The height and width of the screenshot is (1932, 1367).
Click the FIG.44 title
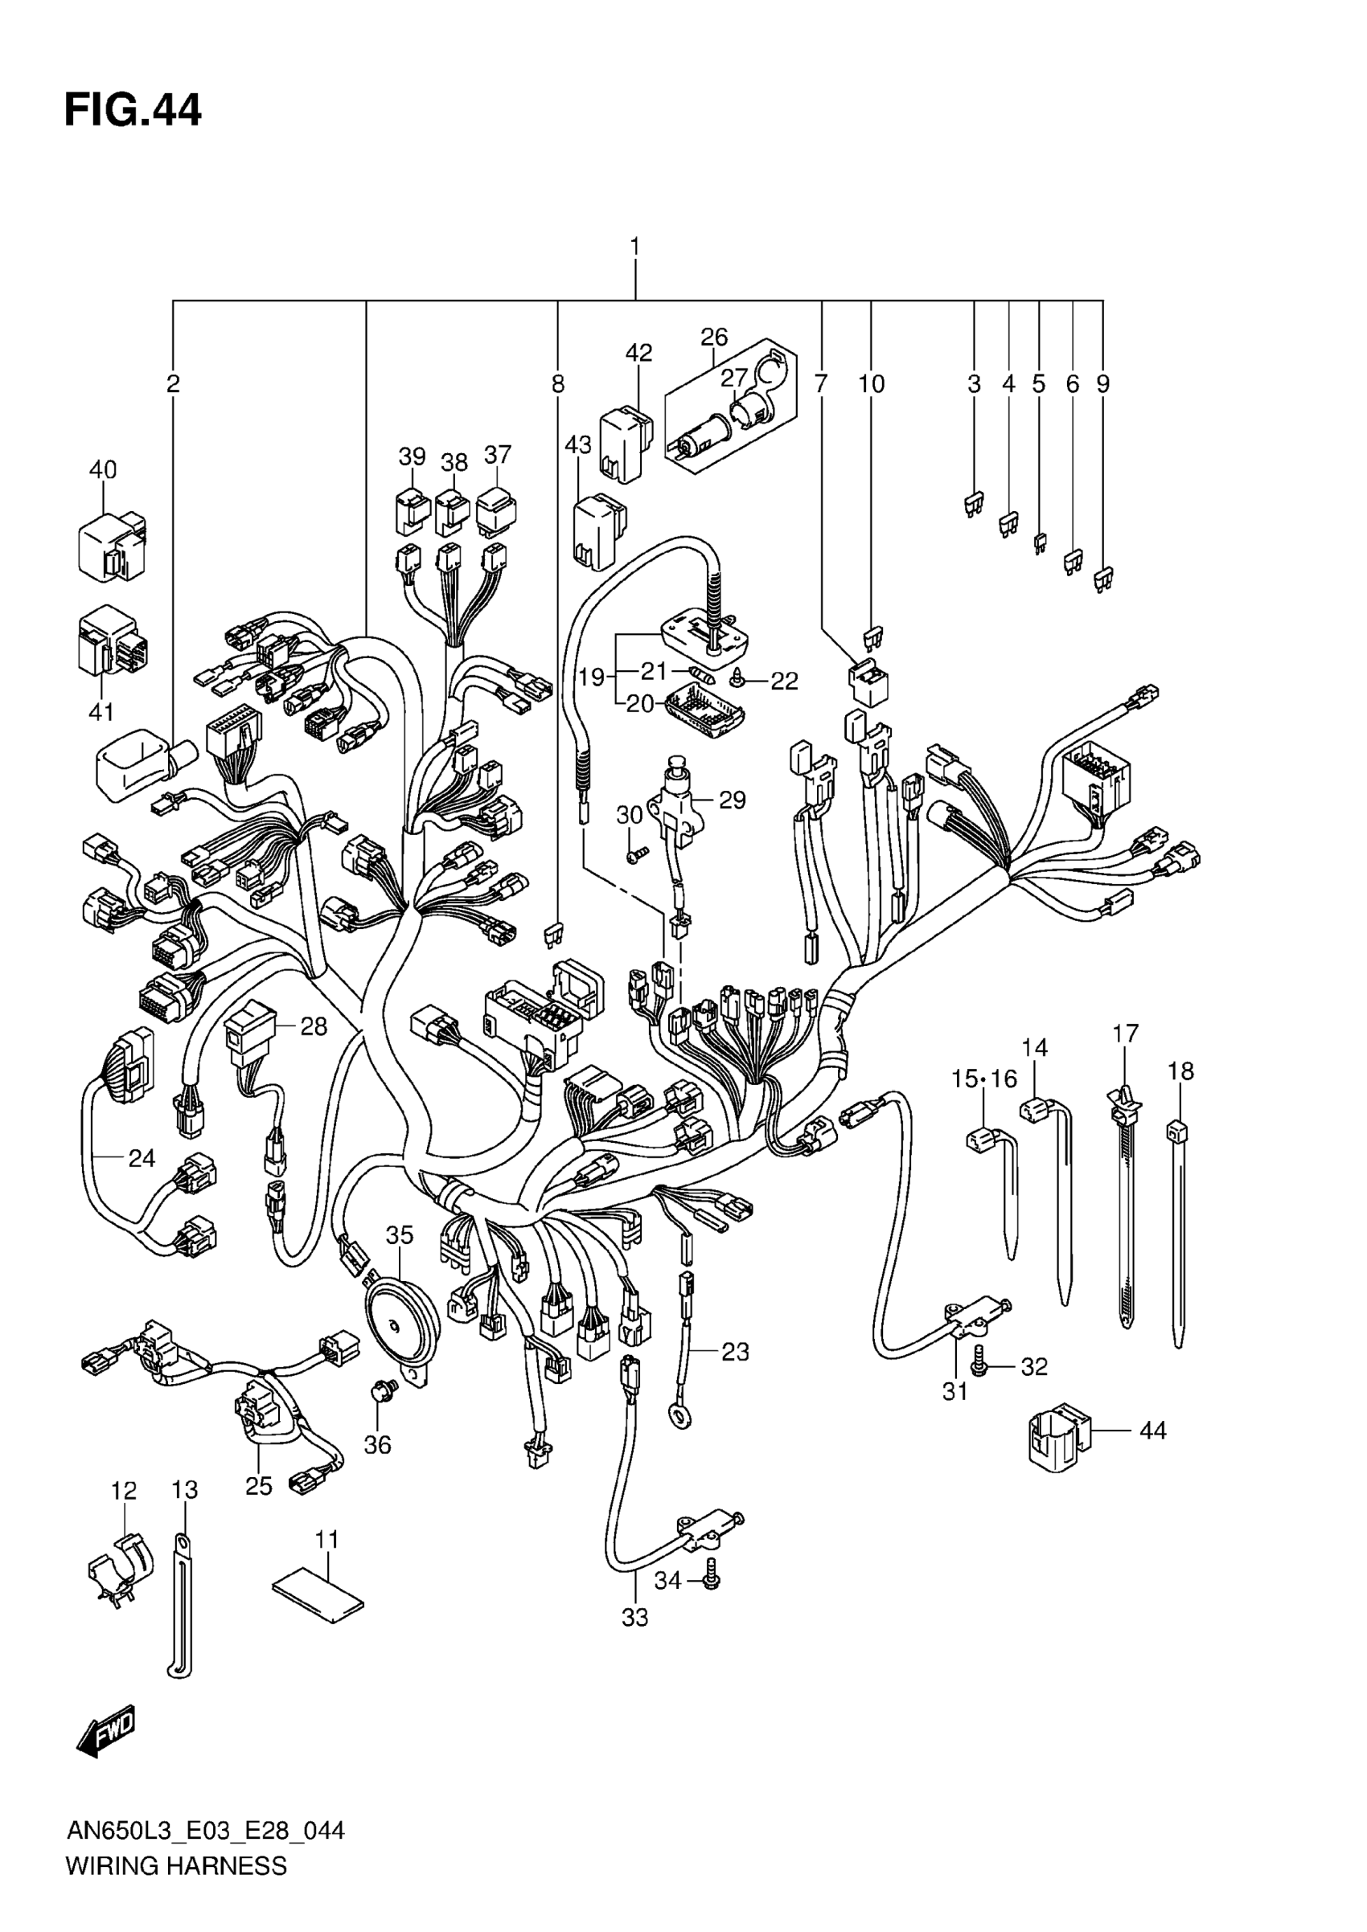133,110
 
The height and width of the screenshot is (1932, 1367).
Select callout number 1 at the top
634,247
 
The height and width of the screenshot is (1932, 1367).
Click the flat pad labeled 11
318,1594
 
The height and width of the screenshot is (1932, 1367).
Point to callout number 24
142,1159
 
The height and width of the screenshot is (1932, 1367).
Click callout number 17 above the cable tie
1125,1033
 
